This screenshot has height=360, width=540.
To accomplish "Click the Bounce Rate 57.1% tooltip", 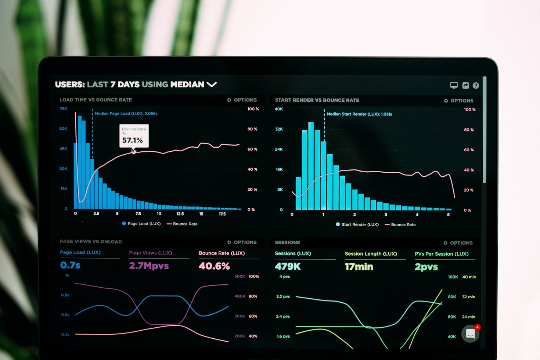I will tap(134, 136).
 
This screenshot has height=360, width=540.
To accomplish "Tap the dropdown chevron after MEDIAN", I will tap(212, 84).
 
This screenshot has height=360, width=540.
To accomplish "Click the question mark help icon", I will tap(476, 86).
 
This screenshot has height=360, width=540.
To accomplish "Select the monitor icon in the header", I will tap(454, 85).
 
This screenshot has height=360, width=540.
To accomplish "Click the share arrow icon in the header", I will tap(465, 86).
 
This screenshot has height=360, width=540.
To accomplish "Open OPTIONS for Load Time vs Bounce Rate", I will tap(242, 100).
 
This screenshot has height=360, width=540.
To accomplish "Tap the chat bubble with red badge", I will tap(471, 334).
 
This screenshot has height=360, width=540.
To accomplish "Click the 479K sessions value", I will tap(288, 267).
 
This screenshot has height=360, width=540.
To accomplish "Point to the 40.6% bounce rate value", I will tap(214, 266).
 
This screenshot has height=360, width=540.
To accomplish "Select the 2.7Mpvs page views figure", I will tap(149, 266).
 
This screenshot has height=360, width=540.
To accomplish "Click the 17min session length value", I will tap(359, 267).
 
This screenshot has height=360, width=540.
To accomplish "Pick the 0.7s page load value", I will tap(70, 265).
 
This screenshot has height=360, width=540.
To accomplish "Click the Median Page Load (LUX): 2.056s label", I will tap(126, 114).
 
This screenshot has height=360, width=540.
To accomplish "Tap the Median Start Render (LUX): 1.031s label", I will tap(359, 114).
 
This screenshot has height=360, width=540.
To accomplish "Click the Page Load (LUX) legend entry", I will tap(141, 224).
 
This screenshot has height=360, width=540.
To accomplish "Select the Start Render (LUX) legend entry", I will tap(357, 224).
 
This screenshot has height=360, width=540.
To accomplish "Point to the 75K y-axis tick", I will tap(64, 109).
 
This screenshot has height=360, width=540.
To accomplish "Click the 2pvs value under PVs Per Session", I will tap(426, 267).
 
